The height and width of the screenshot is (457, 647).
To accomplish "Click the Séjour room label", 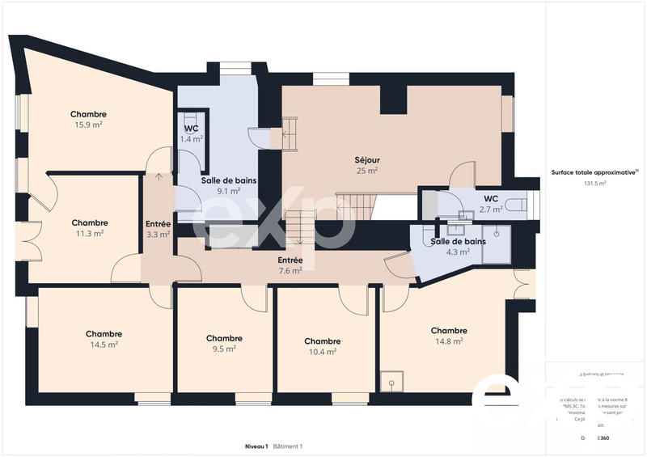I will tap(366, 159).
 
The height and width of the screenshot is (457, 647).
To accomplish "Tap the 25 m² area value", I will tap(366, 171).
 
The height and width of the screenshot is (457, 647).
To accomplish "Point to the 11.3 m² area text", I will tap(89, 233).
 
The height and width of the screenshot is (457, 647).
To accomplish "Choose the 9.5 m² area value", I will tap(224, 349).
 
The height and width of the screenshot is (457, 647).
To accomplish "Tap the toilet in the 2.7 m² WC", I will tap(515, 205).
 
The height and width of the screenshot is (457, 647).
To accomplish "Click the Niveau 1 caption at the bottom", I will tap(256, 446).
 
